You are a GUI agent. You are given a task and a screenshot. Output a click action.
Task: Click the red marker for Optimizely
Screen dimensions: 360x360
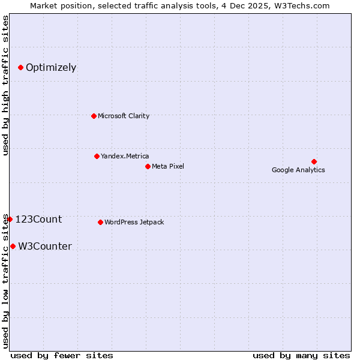pos(20,67)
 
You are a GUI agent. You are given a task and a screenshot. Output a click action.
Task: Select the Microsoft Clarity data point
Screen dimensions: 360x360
pos(94,116)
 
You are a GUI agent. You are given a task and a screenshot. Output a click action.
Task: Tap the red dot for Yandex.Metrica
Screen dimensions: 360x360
pos(97,156)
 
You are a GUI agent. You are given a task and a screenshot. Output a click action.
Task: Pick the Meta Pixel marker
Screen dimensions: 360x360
pos(148,166)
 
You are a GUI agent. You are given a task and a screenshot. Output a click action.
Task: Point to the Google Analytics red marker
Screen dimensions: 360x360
pos(314,161)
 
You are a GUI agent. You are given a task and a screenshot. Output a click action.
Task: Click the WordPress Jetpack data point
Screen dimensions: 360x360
pos(100,222)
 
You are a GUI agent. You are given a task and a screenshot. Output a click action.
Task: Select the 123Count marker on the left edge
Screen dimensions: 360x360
pos(10,219)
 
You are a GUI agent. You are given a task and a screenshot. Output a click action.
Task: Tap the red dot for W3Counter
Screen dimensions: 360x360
pos(13,246)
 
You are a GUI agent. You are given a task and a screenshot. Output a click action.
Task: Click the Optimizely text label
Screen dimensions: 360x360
pos(51,67)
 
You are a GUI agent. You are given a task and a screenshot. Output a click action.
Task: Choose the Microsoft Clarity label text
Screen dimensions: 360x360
pos(124,116)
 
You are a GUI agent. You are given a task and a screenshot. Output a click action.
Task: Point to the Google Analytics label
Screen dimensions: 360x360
pos(298,170)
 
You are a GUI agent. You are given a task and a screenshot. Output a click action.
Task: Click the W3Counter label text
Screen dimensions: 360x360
pos(45,246)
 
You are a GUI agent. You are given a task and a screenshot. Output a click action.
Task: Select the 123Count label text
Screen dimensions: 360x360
pos(38,219)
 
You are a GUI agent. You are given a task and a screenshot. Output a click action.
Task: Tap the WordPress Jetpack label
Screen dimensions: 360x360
pos(134,222)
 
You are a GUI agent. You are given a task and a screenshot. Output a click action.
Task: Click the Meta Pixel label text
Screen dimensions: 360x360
pos(168,166)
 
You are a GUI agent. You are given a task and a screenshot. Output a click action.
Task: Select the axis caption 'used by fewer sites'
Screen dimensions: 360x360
pos(62,355)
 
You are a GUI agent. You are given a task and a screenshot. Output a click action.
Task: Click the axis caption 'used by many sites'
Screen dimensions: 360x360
pos(301,355)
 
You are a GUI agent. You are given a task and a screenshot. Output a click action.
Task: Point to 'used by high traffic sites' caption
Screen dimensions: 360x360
pos(5,85)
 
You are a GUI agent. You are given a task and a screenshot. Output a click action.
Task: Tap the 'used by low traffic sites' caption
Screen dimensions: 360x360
pos(5,280)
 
